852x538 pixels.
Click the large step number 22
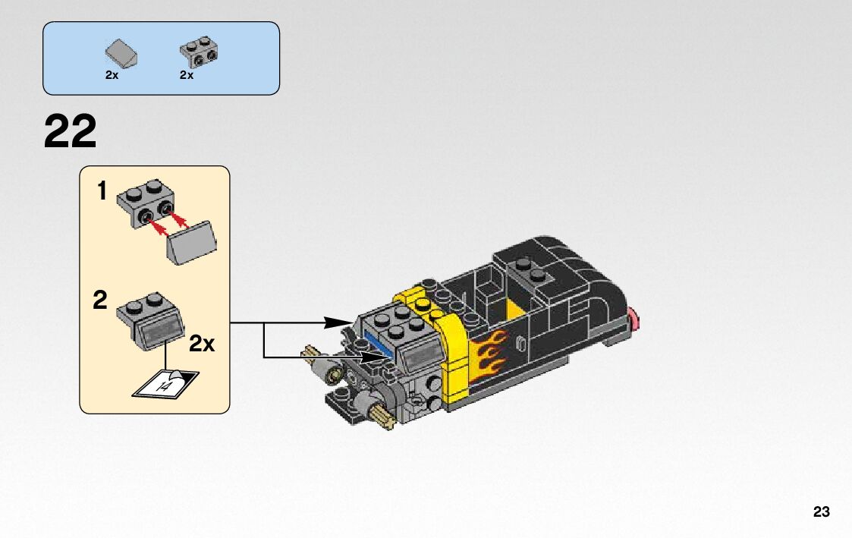point(71,132)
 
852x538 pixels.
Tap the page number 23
point(821,512)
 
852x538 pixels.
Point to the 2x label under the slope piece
point(112,75)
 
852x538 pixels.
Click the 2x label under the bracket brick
point(187,75)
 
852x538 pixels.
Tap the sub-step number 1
point(102,192)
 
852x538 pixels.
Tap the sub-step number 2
point(100,301)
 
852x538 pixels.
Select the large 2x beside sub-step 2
point(201,344)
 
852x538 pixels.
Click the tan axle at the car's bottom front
point(383,414)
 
